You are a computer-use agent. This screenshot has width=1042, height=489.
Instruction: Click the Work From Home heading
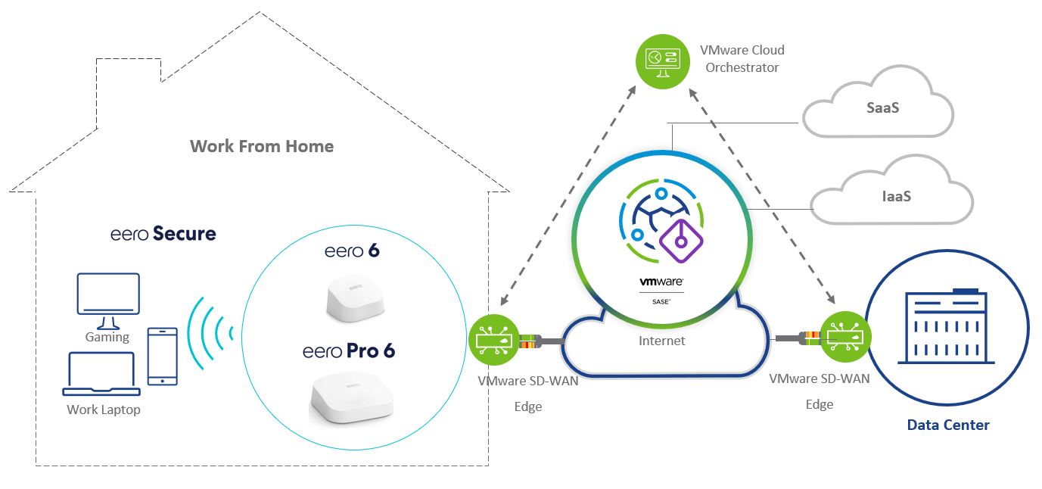(x=261, y=146)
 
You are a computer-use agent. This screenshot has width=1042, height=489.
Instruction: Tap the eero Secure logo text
(x=163, y=234)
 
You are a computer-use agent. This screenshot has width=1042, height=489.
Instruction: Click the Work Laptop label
(x=104, y=410)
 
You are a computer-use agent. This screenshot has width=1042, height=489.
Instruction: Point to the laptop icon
(x=101, y=374)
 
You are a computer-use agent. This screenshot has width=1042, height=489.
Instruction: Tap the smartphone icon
(x=162, y=356)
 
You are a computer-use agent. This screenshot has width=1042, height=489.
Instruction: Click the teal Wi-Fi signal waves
(x=209, y=333)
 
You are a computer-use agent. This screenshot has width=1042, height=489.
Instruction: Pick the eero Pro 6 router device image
(x=353, y=398)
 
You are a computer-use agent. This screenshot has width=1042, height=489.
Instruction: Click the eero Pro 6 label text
(x=349, y=351)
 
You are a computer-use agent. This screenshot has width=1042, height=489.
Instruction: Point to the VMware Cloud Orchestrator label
(x=741, y=59)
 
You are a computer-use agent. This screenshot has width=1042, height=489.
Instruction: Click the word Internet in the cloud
(x=662, y=341)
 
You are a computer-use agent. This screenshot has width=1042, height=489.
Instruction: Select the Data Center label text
(x=948, y=425)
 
